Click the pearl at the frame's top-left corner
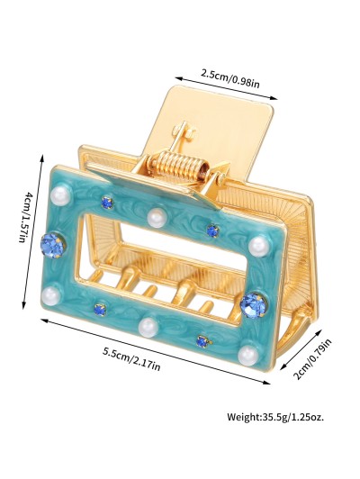[58, 194]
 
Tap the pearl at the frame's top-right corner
[258, 246]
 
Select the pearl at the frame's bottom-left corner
[50, 295]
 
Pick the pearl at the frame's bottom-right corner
[247, 355]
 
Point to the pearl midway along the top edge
[157, 218]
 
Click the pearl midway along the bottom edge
[148, 327]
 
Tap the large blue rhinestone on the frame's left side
[52, 245]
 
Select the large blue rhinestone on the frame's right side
[254, 305]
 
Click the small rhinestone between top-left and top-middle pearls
[107, 202]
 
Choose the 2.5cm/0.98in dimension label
[230, 78]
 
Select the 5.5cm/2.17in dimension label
[131, 359]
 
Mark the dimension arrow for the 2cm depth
[301, 349]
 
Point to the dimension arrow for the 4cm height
[32, 231]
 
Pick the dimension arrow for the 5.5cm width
[156, 351]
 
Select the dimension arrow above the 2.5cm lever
[226, 88]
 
